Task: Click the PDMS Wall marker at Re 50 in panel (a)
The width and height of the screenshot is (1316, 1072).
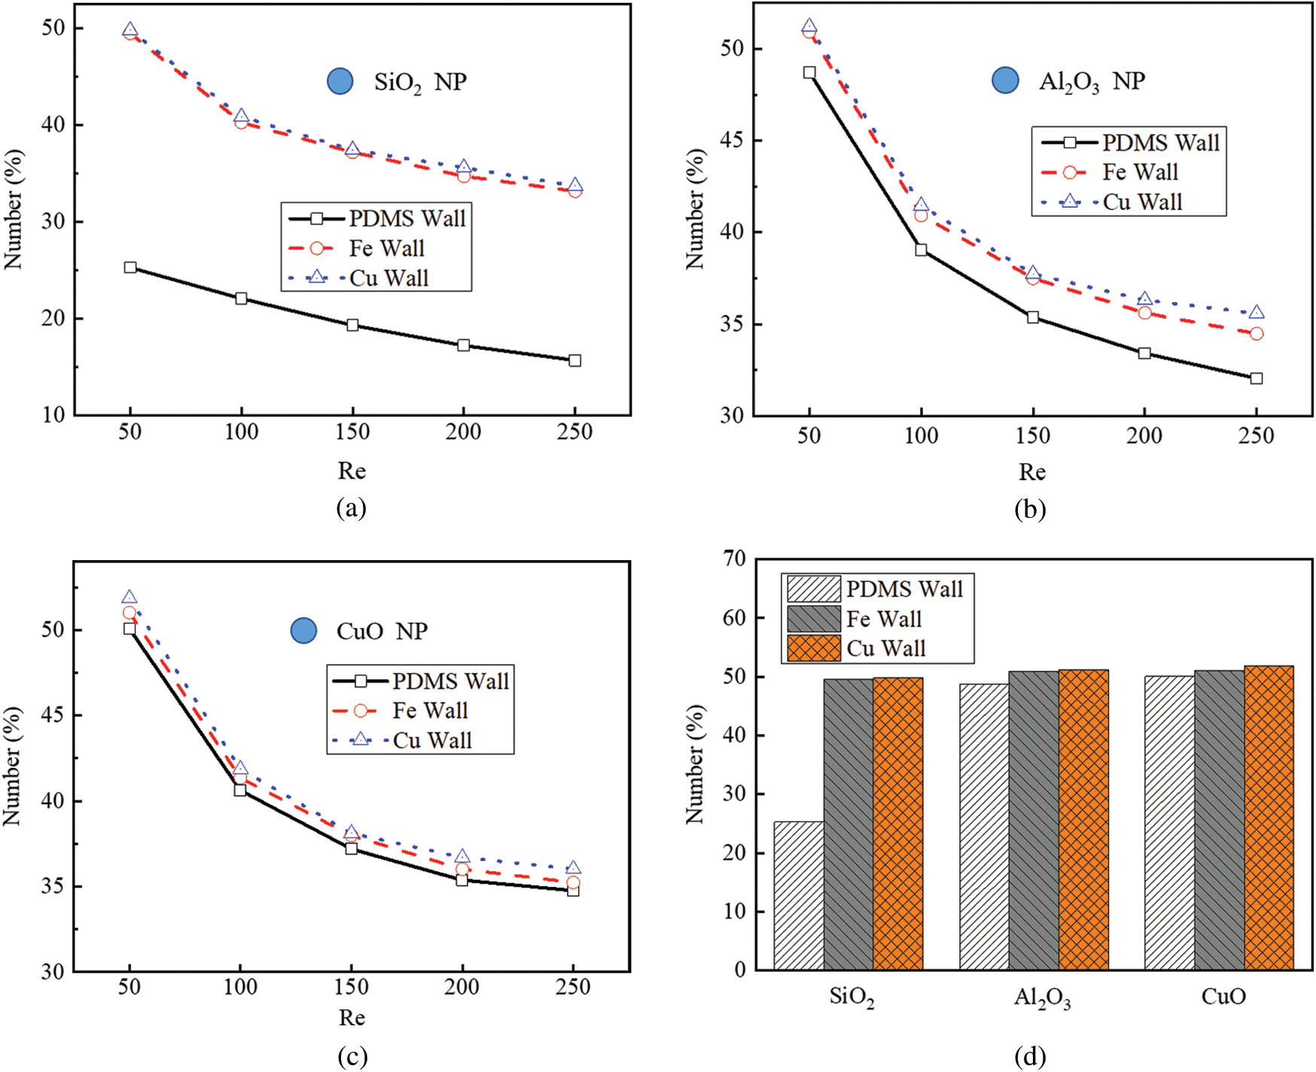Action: (x=130, y=267)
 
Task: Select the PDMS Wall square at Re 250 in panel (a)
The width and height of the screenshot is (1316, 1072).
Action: (x=575, y=361)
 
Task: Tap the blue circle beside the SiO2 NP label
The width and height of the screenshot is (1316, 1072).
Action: (x=340, y=81)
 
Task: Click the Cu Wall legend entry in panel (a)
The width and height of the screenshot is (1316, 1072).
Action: (x=377, y=278)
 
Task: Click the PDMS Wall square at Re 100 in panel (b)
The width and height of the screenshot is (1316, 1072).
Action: (x=921, y=250)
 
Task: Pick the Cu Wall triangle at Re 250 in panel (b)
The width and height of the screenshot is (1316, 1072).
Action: (x=1257, y=312)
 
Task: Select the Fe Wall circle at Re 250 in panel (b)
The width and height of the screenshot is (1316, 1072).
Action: (x=1257, y=333)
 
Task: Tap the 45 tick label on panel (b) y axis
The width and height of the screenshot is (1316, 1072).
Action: (x=731, y=141)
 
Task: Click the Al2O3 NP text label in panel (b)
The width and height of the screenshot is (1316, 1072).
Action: (x=1092, y=81)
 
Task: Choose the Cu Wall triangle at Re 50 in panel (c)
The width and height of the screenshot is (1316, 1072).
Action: (x=129, y=597)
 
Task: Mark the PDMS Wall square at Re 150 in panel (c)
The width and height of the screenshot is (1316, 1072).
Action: (x=351, y=848)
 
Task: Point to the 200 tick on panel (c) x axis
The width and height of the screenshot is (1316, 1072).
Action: (x=462, y=987)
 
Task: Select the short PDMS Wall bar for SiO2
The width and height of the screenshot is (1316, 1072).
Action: (x=799, y=895)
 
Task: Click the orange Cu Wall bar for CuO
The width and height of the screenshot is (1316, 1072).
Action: (x=1269, y=818)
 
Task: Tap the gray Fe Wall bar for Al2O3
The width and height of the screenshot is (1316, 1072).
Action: (x=1034, y=820)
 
